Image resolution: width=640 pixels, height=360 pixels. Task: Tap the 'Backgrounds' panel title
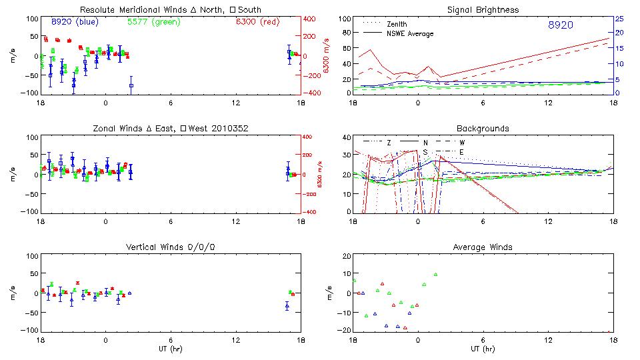coord(483,128)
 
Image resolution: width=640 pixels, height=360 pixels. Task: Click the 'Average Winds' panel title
coord(483,247)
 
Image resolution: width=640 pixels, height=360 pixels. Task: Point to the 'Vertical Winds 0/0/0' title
coord(171,247)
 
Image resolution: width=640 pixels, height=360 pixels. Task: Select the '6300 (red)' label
coord(257,22)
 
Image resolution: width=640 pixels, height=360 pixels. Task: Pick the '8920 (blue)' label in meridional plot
coord(74,22)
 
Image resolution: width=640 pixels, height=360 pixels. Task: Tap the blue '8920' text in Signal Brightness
coord(560,25)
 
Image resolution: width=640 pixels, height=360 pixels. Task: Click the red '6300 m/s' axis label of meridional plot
coord(326,55)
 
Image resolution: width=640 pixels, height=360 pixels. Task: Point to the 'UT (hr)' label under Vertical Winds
coord(171,348)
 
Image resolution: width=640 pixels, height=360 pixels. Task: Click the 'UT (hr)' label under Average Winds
coord(483,348)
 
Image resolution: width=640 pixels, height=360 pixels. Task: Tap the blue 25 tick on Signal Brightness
coord(619,19)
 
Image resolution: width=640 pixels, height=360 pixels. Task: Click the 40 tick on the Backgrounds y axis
coord(346,137)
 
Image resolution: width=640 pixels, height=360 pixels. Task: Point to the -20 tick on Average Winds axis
coord(344,330)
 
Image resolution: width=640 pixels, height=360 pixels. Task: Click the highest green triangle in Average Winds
coord(435,274)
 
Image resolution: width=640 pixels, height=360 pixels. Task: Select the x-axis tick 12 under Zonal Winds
coord(235,221)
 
